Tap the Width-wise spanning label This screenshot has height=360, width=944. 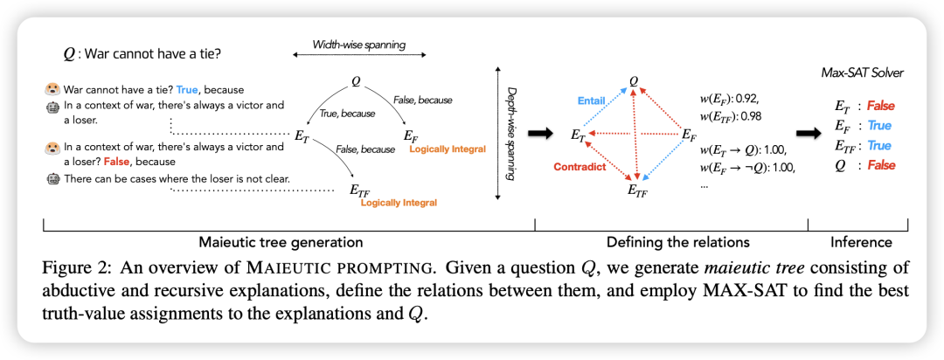coord(358,44)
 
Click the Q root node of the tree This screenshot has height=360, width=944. coord(356,81)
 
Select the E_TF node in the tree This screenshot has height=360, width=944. coord(358,189)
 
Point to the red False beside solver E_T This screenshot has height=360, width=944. coord(881,106)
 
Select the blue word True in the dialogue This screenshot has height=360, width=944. coord(188,89)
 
